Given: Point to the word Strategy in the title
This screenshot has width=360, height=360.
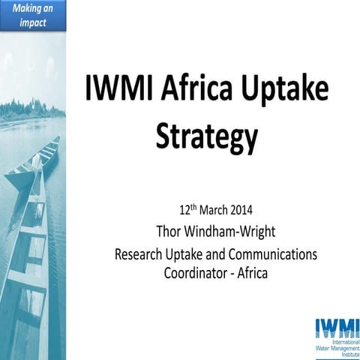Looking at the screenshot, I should click(x=206, y=137).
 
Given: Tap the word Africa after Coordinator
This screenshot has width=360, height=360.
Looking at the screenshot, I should click(x=250, y=272).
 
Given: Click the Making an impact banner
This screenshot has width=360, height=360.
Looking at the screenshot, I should click(x=32, y=15).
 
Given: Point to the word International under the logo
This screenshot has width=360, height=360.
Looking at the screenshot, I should click(x=335, y=343).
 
